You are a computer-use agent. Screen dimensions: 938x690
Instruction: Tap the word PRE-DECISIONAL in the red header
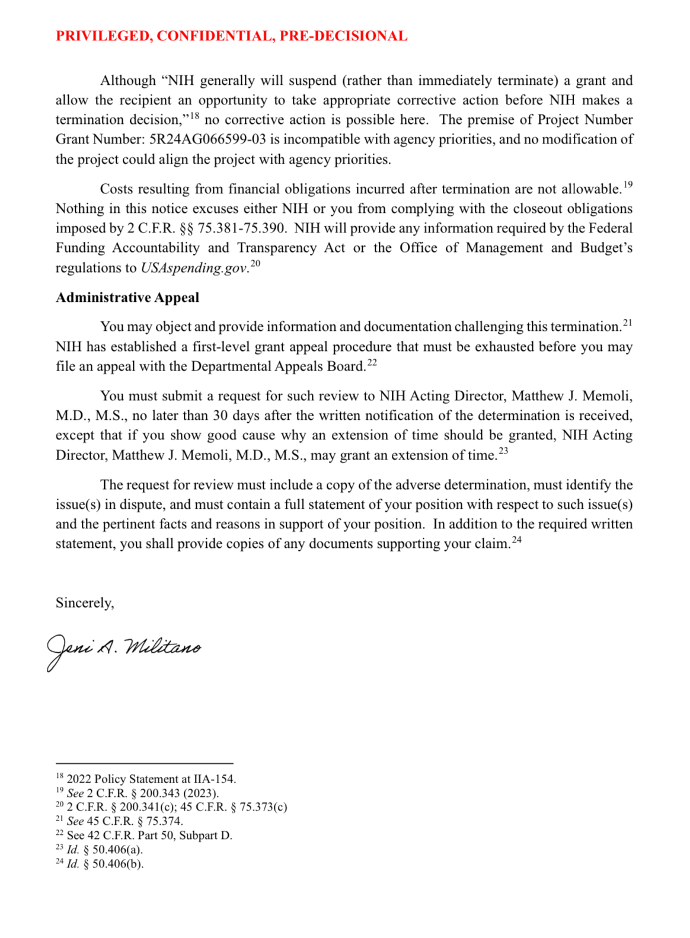click(x=343, y=36)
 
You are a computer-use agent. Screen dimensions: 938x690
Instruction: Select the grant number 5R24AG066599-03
click(x=207, y=139)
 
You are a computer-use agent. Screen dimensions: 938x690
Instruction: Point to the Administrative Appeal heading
click(x=127, y=298)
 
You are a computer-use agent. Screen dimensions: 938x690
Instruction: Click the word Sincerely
click(x=85, y=603)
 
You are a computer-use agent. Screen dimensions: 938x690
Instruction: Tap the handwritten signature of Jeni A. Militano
click(x=124, y=649)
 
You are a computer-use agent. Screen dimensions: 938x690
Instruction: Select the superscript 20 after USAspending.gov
click(x=255, y=264)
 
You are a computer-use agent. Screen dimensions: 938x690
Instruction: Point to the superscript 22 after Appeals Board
click(x=372, y=362)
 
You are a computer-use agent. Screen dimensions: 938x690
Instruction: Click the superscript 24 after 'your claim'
click(x=517, y=540)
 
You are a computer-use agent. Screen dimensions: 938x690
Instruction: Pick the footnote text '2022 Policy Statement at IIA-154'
click(x=151, y=779)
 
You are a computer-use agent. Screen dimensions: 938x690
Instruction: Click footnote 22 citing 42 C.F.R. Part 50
click(x=149, y=835)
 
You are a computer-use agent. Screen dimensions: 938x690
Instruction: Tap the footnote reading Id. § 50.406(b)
click(x=105, y=864)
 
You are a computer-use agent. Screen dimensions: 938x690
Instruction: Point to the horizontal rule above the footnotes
click(x=144, y=764)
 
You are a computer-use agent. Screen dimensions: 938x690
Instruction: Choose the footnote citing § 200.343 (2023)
click(x=142, y=793)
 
